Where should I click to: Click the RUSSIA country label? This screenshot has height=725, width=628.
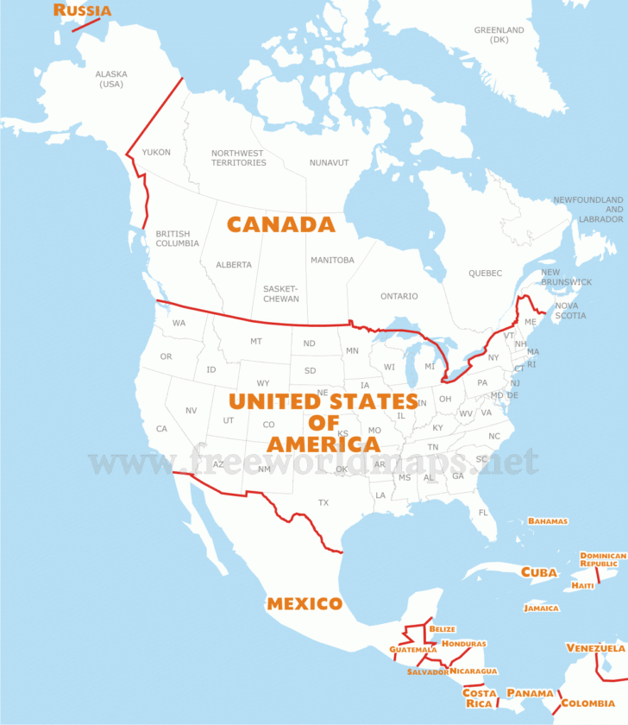point(83,10)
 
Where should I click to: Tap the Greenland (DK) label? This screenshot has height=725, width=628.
point(499,35)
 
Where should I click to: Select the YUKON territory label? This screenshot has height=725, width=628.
point(156,153)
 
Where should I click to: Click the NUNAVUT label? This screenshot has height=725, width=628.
point(329,162)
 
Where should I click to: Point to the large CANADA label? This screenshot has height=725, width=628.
point(280,224)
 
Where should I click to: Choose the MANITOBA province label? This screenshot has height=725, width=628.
point(331,260)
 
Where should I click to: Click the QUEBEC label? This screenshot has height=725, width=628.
point(485,274)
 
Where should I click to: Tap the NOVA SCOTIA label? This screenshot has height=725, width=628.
point(570,311)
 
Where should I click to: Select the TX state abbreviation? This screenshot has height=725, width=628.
point(323,502)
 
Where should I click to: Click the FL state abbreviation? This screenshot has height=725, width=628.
point(483,513)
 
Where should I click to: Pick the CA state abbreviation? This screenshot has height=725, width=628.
point(161,429)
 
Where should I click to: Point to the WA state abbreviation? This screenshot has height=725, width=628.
point(179,323)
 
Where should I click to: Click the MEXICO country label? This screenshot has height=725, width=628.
point(305,603)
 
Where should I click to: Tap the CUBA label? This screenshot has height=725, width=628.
point(538,572)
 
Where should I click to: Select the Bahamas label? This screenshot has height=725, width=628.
point(548,521)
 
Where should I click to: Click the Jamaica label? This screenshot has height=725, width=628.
point(541,608)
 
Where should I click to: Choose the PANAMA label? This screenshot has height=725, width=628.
point(529,693)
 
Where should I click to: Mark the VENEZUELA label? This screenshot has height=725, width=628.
point(595,648)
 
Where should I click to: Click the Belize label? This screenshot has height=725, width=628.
point(442,629)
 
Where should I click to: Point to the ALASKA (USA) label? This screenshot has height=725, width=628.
point(111,79)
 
